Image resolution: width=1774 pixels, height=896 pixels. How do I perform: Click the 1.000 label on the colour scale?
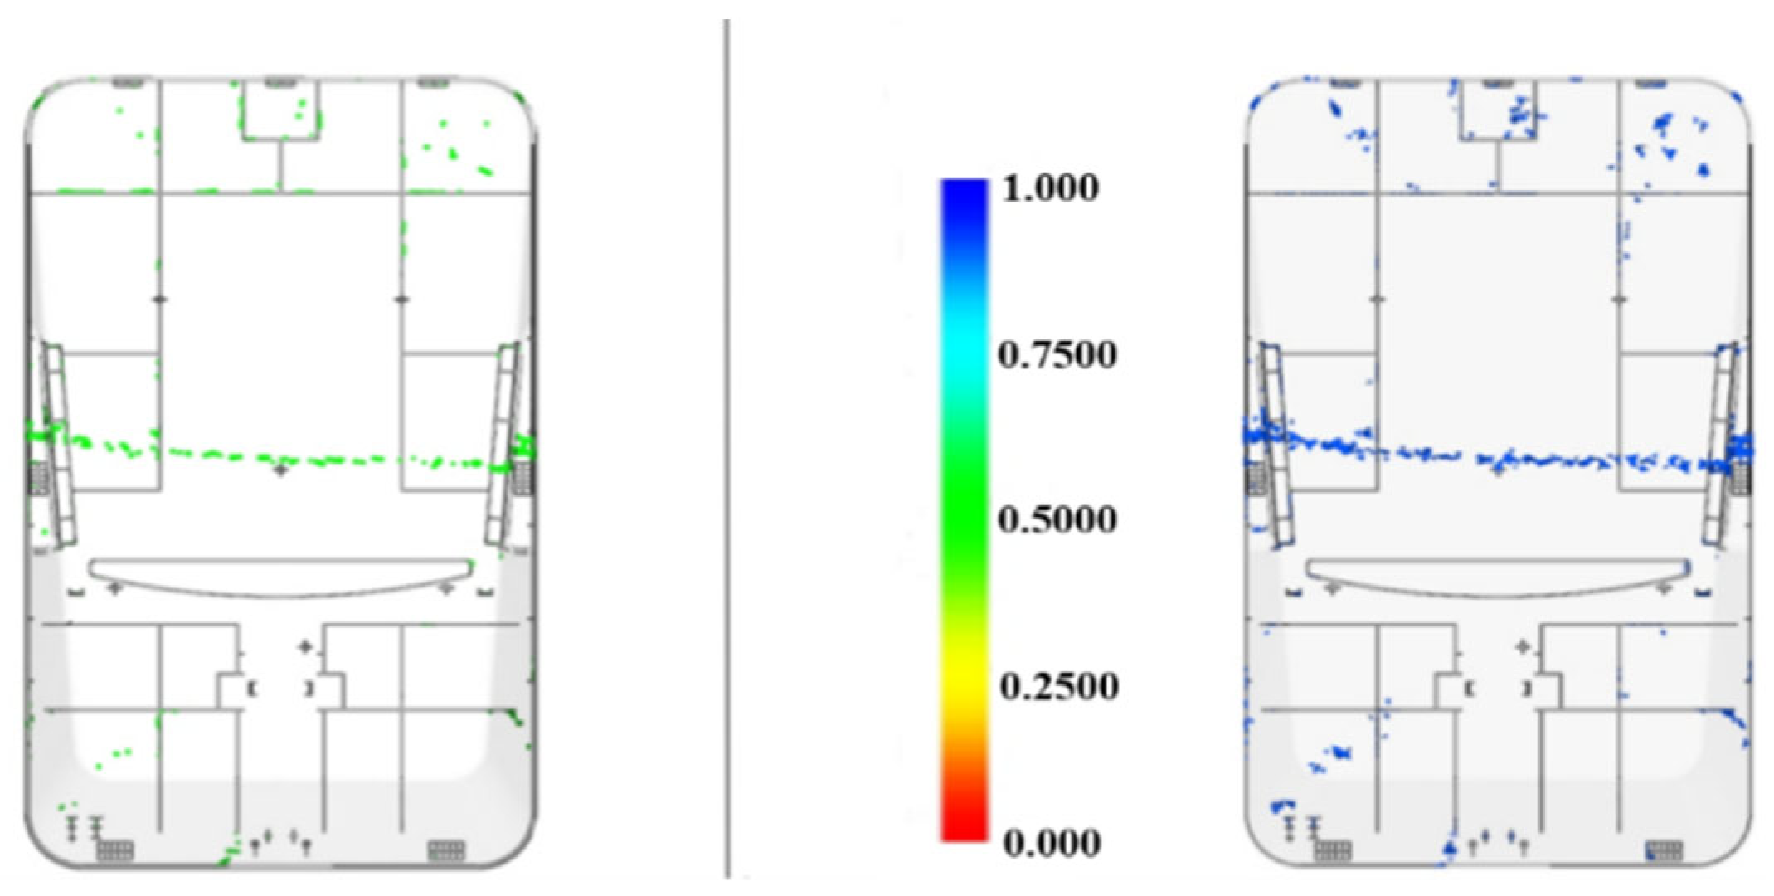tap(1051, 188)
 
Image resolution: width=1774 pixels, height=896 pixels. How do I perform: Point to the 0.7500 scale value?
tap(1057, 354)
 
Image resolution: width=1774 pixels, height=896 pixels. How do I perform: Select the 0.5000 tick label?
tap(1057, 519)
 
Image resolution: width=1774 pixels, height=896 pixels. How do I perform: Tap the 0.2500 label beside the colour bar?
tap(1058, 686)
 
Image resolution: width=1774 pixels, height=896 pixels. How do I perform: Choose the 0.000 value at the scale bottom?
tap(1052, 843)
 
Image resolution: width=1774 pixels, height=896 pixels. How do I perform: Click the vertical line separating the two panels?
tap(727, 448)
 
